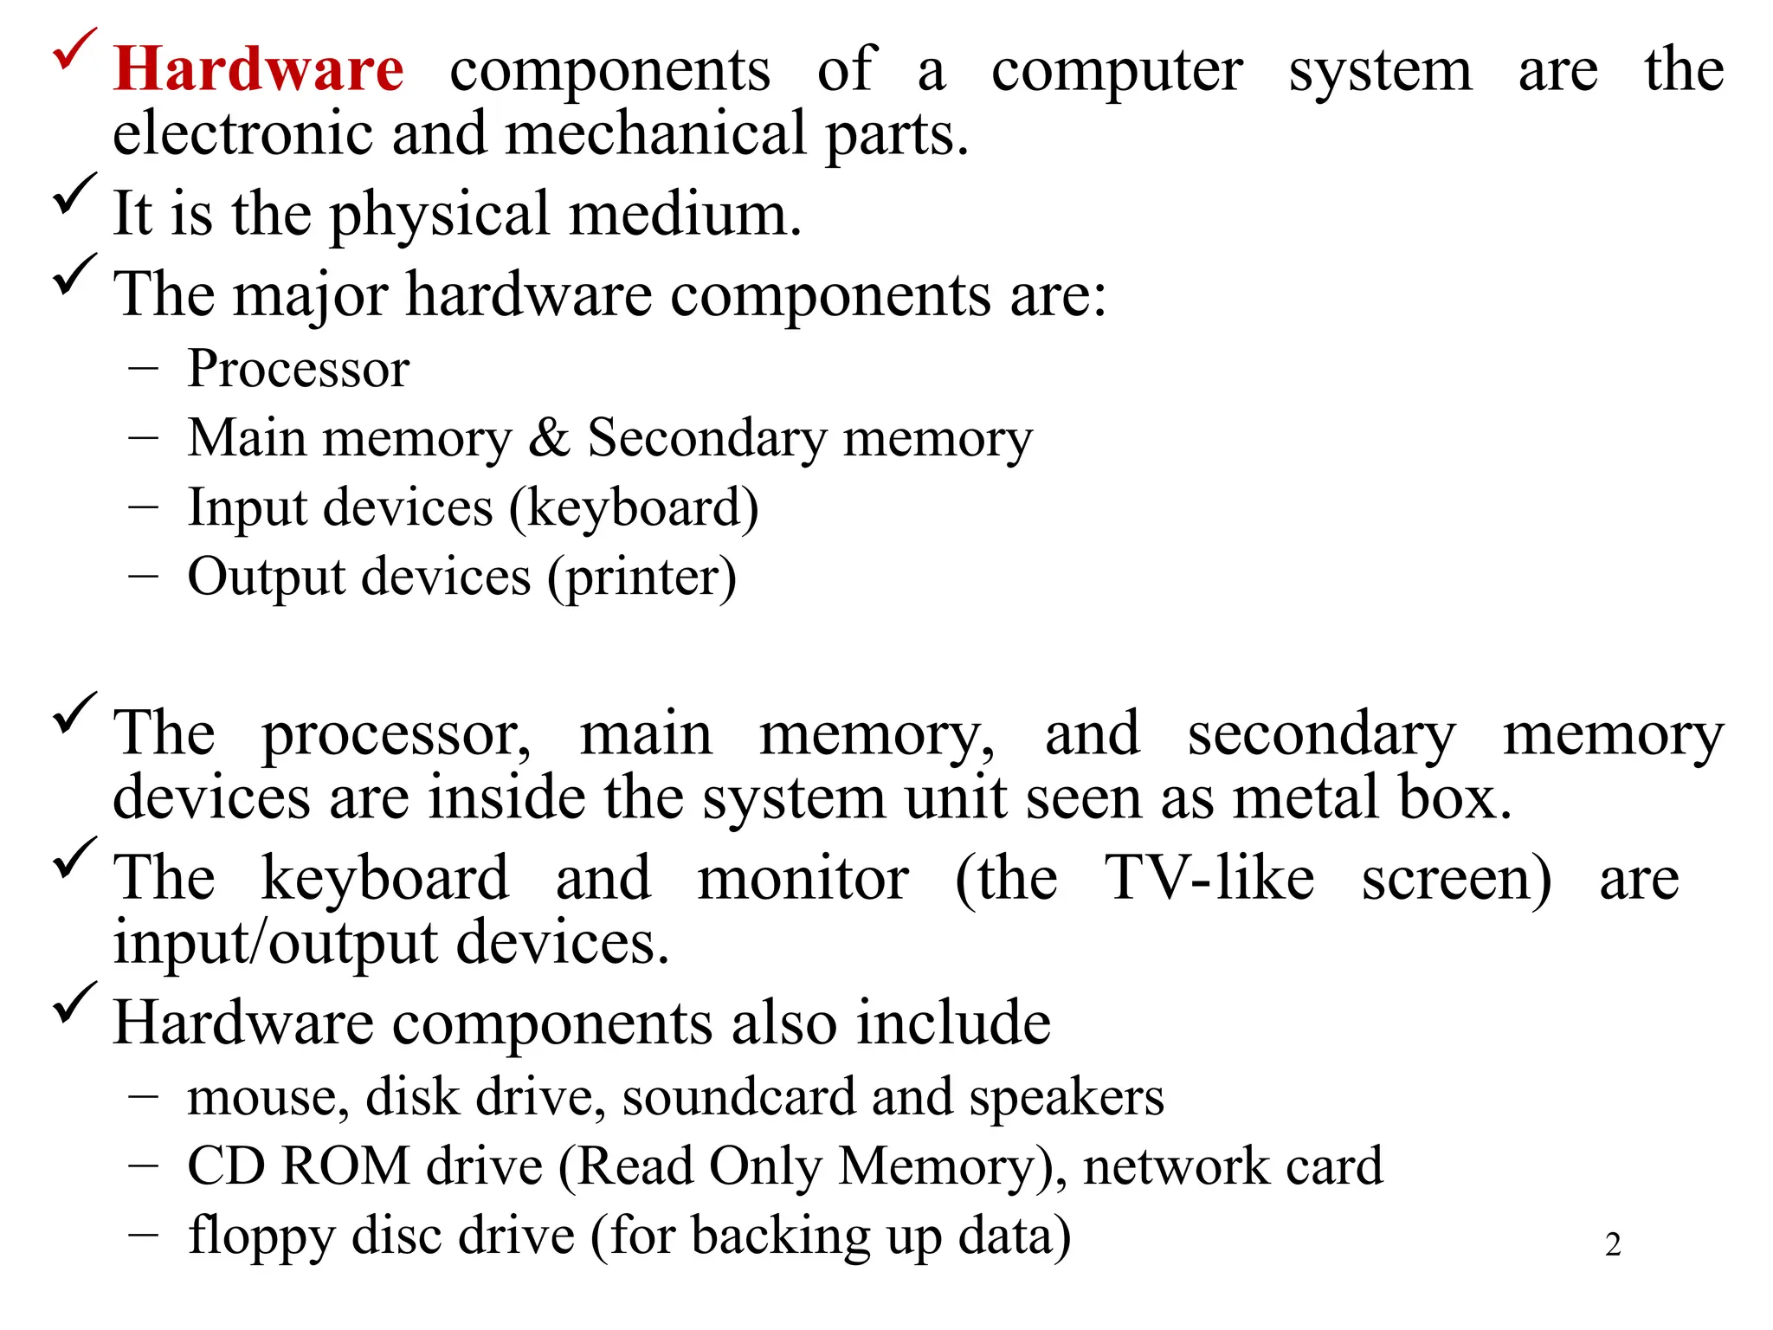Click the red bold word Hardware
tap(258, 69)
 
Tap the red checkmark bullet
tap(74, 50)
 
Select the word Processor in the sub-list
tap(298, 370)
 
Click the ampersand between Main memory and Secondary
tap(549, 438)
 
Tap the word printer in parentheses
tap(642, 578)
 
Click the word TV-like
tap(1209, 878)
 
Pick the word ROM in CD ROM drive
tap(345, 1166)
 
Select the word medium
tap(684, 214)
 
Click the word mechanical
tap(656, 134)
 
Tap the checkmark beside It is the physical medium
tap(74, 194)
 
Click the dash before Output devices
tap(143, 577)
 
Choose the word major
tap(309, 296)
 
